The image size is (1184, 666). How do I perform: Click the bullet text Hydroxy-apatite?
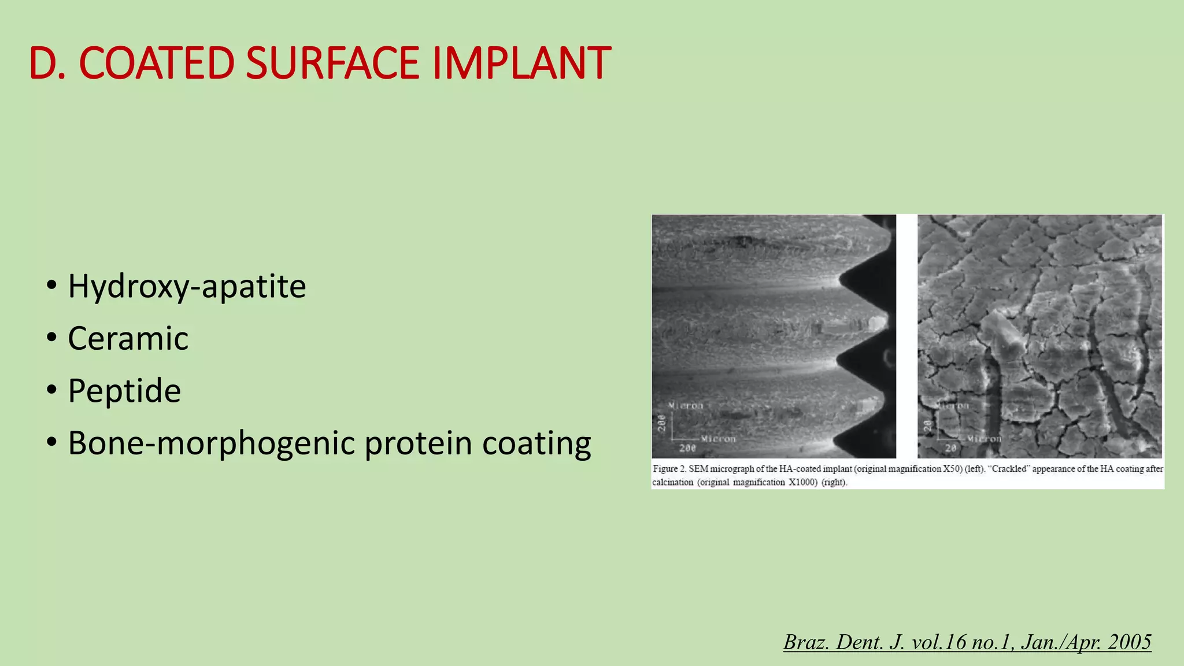point(187,286)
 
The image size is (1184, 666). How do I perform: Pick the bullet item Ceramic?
point(128,338)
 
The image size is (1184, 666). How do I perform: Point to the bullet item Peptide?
point(124,391)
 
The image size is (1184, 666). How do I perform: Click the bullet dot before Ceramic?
point(52,337)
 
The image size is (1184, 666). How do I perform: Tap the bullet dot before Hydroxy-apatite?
point(52,285)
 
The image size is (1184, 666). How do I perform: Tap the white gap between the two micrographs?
point(906,335)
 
